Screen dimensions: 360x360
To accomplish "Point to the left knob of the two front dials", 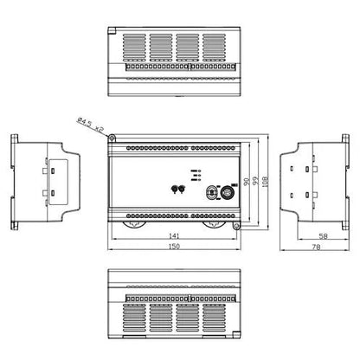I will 175,190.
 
